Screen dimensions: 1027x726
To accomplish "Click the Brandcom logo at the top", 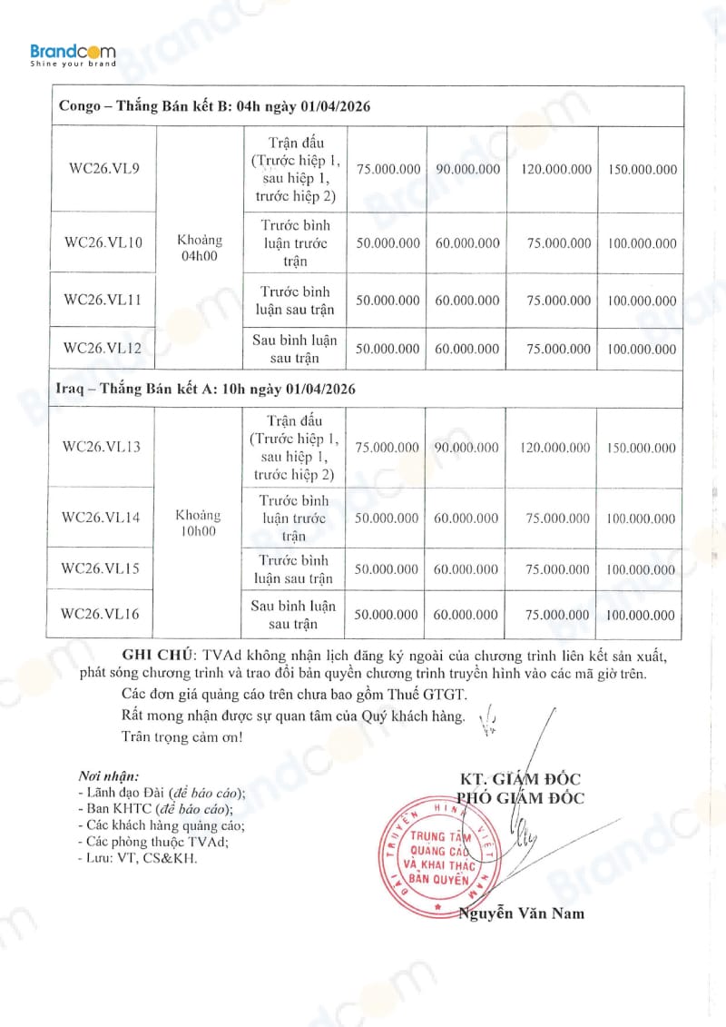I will click(73, 56).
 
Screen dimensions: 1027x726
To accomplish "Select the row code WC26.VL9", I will click(103, 169).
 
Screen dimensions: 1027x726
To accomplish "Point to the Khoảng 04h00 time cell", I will click(201, 248).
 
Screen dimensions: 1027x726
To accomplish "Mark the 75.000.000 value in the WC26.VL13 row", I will click(387, 447).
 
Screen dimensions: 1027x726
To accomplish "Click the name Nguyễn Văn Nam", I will click(522, 913).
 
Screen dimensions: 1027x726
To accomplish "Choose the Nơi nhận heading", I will click(108, 777).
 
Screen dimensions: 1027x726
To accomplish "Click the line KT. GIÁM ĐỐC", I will click(520, 779).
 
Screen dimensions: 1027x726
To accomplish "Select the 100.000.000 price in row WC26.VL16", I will click(641, 615).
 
